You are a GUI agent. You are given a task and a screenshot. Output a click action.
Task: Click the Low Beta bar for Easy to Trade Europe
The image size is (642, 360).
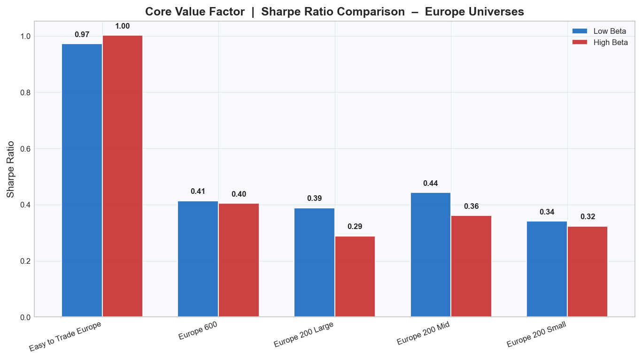(x=82, y=180)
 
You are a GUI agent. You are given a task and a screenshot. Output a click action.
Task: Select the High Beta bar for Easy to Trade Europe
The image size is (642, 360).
(x=123, y=176)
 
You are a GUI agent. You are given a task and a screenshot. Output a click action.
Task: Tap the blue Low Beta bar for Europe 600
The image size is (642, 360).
(x=198, y=259)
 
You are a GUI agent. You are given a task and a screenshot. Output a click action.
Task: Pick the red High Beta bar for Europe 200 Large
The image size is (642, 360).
(x=355, y=276)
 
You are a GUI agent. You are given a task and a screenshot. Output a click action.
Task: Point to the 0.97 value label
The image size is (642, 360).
(x=82, y=35)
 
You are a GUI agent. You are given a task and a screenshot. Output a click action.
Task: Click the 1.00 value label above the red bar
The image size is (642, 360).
(x=123, y=26)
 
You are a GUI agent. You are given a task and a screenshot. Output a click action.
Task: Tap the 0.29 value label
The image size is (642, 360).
(x=355, y=227)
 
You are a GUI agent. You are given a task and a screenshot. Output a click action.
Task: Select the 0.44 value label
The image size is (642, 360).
(x=431, y=184)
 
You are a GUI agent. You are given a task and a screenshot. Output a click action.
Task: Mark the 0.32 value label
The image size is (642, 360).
(x=588, y=217)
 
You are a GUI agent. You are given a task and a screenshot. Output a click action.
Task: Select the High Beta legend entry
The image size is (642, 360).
(x=599, y=43)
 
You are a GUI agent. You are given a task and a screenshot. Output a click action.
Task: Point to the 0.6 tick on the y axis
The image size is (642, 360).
(x=25, y=149)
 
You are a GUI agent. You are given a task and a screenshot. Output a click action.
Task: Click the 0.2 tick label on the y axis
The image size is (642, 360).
(x=25, y=261)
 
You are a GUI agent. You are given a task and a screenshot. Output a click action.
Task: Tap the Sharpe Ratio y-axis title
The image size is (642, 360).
(x=10, y=169)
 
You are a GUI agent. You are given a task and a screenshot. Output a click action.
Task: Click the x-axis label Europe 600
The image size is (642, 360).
(x=197, y=331)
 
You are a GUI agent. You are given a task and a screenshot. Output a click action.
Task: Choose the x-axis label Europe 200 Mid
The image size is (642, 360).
(x=423, y=334)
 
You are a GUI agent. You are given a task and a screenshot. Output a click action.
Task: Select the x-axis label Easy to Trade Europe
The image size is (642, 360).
(x=65, y=336)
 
